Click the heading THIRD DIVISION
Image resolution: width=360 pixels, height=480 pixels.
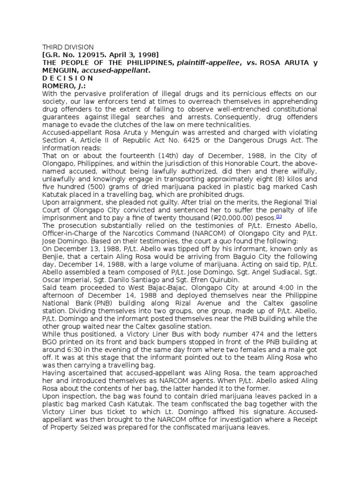click(68, 47)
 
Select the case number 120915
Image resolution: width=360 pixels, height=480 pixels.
click(86, 55)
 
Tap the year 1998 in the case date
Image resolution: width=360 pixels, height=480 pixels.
click(147, 55)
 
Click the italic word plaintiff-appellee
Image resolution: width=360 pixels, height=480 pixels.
click(206, 63)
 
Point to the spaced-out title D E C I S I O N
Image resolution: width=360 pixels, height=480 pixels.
click(68, 78)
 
